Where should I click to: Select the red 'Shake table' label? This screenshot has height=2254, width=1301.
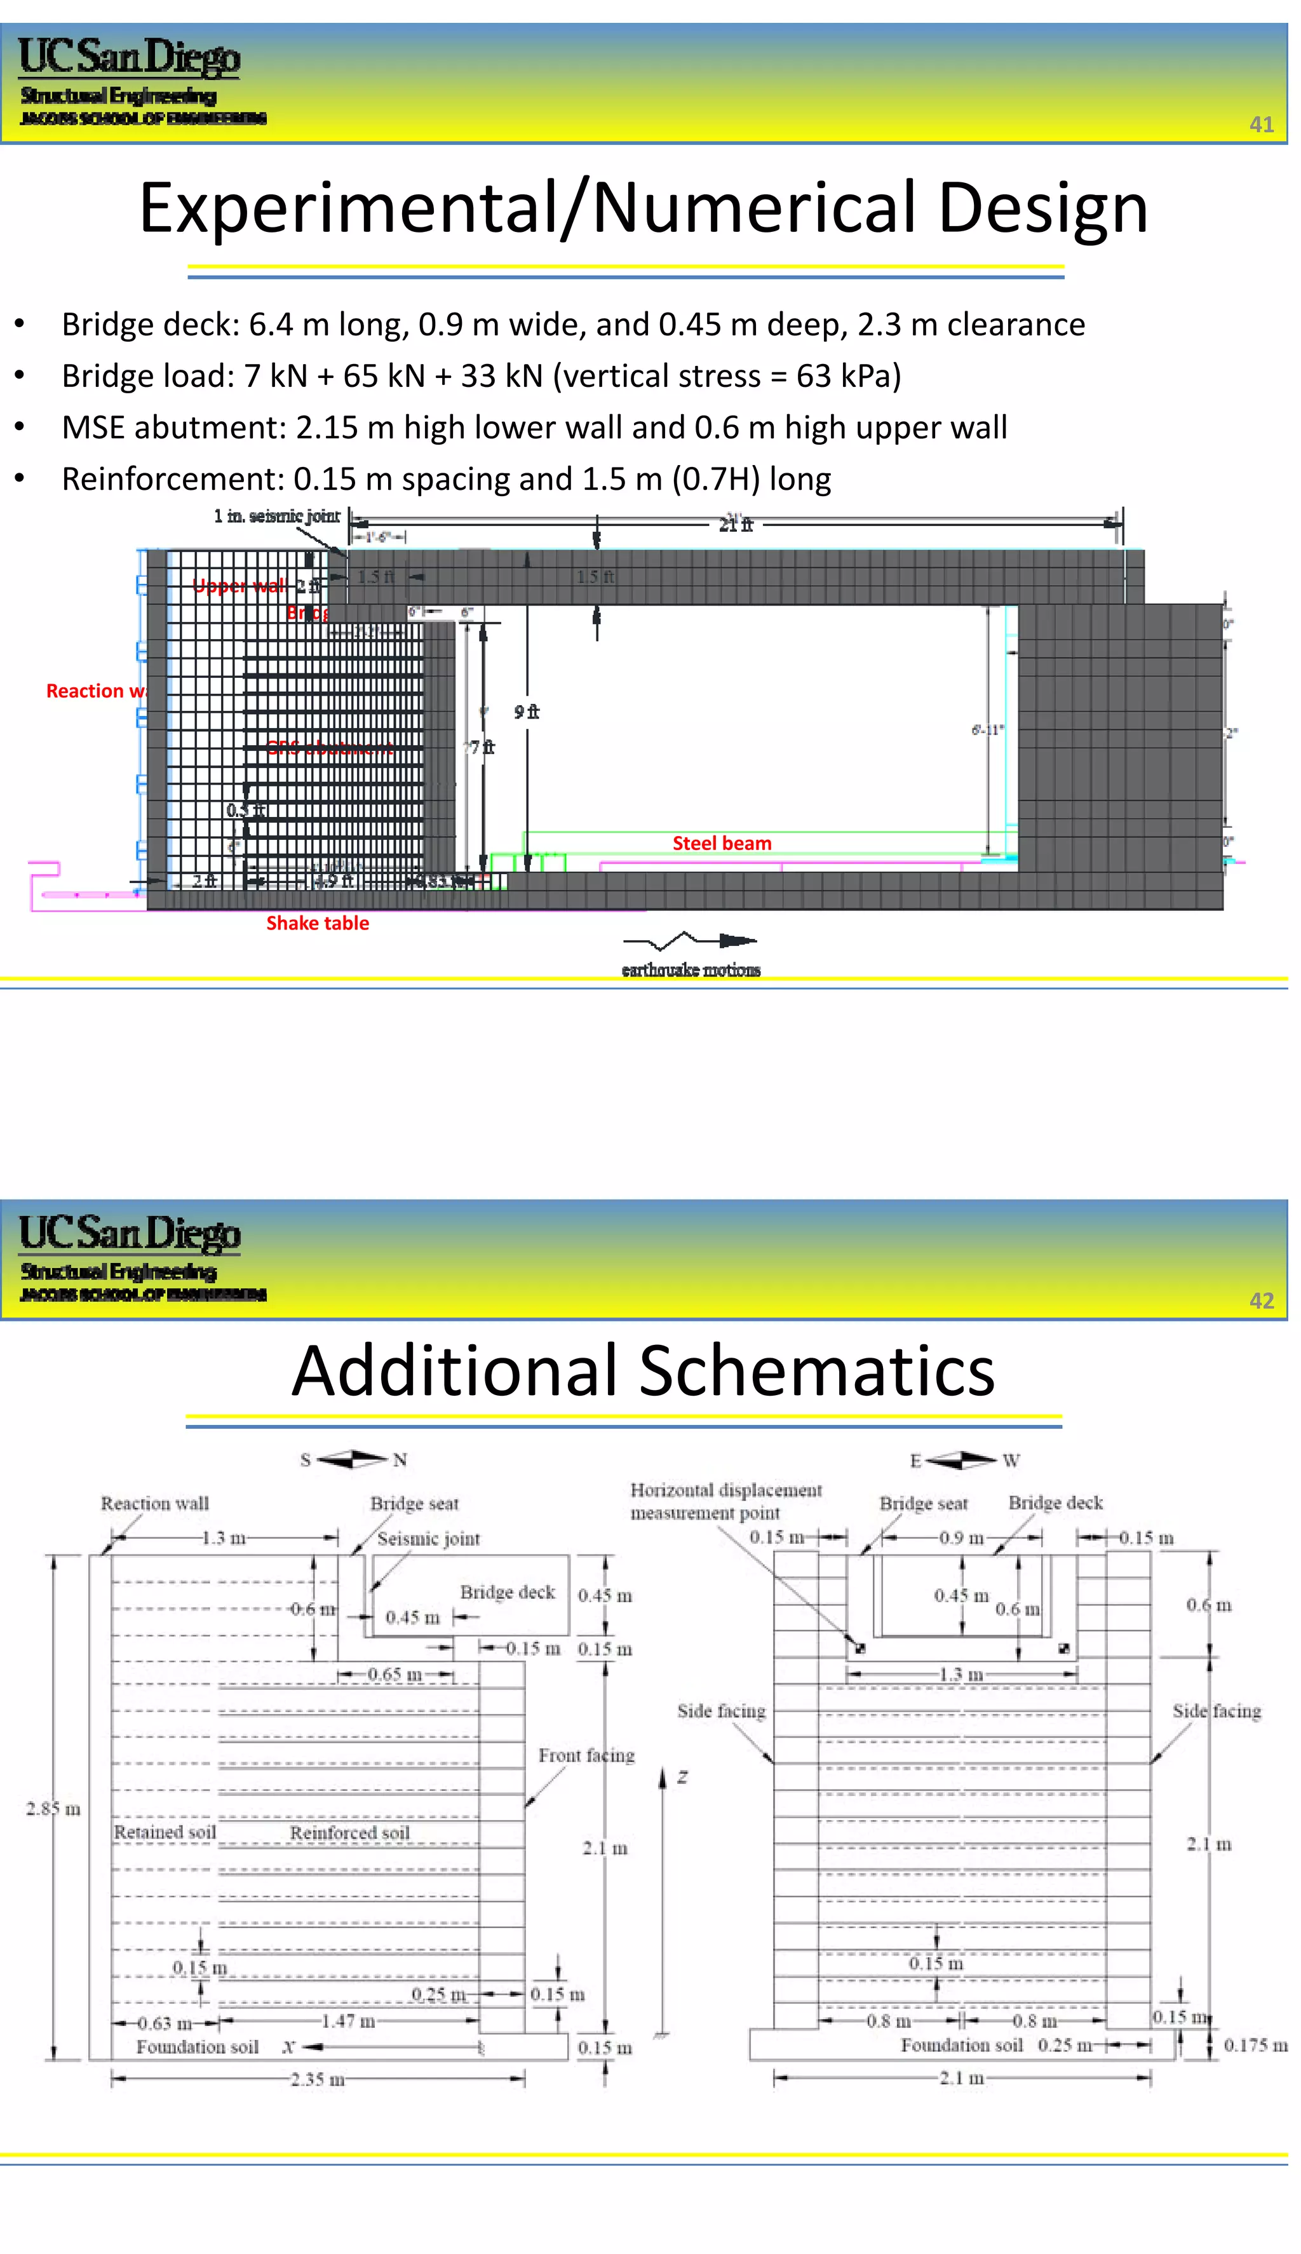pos(317,923)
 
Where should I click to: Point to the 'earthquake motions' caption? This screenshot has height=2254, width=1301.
pos(691,969)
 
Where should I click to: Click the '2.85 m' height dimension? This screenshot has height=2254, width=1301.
pos(53,1808)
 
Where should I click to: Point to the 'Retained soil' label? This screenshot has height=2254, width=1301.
pos(165,1832)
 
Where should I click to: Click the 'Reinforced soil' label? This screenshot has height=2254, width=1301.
pos(349,1832)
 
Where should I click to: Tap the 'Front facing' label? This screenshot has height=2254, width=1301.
pos(586,1755)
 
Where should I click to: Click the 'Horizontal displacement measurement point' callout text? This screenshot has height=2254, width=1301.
pos(725,1501)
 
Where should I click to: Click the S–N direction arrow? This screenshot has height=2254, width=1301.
pos(353,1459)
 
